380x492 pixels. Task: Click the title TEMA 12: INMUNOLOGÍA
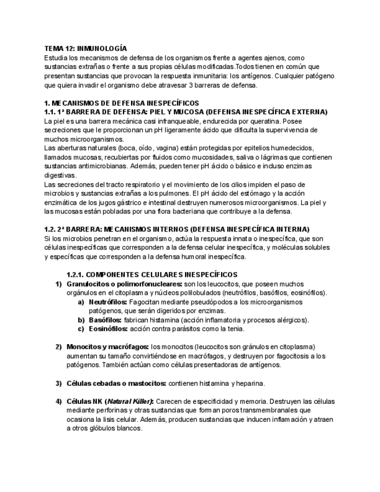[x=85, y=49]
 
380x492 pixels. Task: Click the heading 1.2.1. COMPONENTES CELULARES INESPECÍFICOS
[x=152, y=274]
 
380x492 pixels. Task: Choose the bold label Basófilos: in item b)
[x=105, y=320]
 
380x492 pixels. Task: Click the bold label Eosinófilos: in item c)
[x=108, y=328]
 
